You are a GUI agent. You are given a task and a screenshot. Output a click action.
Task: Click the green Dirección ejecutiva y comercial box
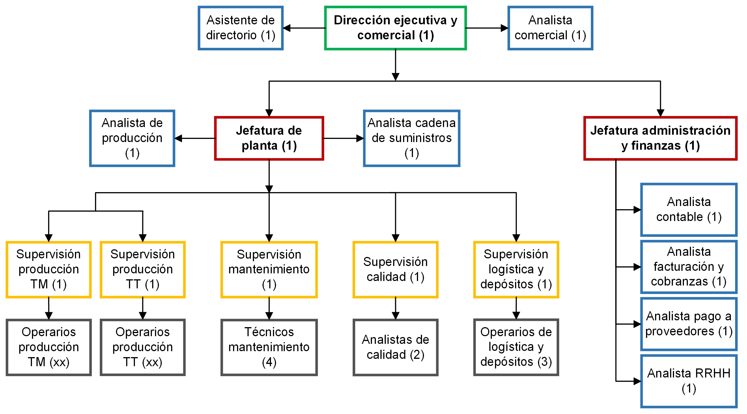pos(395,28)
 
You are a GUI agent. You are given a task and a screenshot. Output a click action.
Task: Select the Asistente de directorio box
pos(240,28)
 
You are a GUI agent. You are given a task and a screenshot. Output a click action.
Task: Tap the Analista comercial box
pos(550,28)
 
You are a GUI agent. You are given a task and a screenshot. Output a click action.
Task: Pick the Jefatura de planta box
pos(269,138)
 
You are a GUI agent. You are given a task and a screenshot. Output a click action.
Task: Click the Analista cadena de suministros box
pos(412,138)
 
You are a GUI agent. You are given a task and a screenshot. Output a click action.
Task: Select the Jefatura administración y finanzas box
pos(660,138)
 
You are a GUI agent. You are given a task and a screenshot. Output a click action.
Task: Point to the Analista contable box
pos(689,209)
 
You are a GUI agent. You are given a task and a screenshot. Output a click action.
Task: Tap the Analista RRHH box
pos(689,381)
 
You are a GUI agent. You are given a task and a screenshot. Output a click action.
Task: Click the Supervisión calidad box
pos(395,269)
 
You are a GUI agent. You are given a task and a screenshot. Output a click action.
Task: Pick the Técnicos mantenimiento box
pos(269,347)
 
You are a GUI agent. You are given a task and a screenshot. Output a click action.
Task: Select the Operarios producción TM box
pos(48,347)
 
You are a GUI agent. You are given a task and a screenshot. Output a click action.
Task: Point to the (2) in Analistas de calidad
pos(417,355)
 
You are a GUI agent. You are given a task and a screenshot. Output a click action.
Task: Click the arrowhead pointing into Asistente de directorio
pos(287,28)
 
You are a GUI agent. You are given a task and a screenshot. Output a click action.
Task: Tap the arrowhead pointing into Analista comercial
pos(504,28)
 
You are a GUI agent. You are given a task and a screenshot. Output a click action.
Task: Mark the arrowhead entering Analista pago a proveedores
pos(637,324)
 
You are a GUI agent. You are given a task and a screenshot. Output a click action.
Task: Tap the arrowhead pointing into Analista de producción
pos(178,138)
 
